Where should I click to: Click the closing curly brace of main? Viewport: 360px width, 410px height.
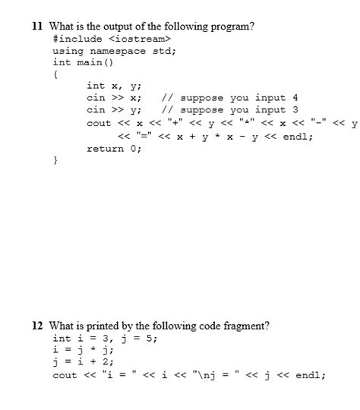point(55,161)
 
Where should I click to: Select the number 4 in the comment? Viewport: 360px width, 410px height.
point(295,98)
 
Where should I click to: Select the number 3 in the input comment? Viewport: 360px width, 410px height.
point(295,110)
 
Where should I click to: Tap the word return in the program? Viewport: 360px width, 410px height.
point(105,149)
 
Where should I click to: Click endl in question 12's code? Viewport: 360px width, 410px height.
point(310,375)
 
